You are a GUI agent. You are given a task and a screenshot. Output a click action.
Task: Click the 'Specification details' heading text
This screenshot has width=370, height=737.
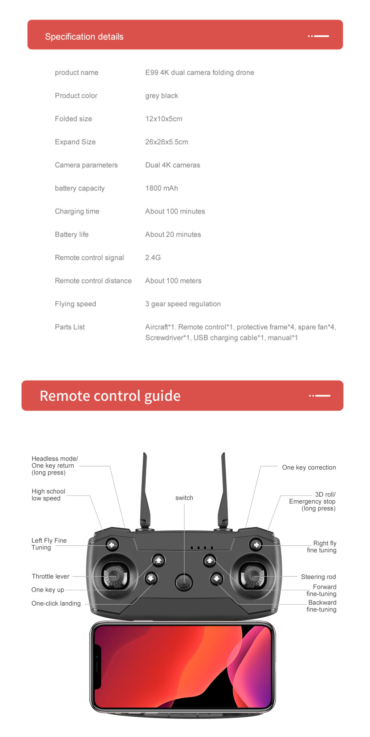click(x=84, y=37)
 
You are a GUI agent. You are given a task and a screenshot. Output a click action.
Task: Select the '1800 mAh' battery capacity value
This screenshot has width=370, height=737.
click(x=161, y=188)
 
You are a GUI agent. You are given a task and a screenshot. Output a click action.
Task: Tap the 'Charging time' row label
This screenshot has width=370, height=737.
click(x=77, y=211)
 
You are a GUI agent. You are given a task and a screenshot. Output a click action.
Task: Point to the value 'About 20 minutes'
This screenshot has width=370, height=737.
click(x=173, y=235)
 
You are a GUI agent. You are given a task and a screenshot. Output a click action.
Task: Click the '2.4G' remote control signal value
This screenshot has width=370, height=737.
click(x=153, y=257)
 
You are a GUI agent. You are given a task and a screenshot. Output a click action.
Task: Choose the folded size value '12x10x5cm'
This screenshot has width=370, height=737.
click(x=164, y=119)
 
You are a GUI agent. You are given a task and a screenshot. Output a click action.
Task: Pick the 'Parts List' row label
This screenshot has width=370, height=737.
click(x=70, y=327)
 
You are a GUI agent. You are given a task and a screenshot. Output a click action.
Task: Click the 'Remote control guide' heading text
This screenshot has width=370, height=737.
click(x=110, y=396)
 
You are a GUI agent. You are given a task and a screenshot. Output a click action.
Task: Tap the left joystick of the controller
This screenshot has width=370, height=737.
click(x=115, y=576)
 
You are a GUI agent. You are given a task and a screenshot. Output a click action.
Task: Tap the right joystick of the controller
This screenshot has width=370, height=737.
click(x=253, y=576)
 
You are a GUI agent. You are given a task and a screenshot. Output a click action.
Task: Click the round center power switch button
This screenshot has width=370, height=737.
click(x=184, y=582)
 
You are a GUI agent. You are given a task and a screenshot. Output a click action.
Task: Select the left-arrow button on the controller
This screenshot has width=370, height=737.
click(x=112, y=545)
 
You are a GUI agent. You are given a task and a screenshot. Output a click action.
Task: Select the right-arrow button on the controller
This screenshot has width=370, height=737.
click(x=256, y=545)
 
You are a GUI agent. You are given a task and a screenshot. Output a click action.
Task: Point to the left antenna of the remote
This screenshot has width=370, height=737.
click(x=145, y=490)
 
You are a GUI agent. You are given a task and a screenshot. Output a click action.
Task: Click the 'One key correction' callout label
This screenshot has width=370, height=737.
click(x=309, y=468)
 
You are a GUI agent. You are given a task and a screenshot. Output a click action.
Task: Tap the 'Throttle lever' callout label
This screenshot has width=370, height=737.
click(x=50, y=576)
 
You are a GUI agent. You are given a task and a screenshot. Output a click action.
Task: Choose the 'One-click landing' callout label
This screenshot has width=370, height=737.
click(x=56, y=603)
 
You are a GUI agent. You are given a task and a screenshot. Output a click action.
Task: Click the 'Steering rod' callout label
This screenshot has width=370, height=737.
click(x=318, y=577)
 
